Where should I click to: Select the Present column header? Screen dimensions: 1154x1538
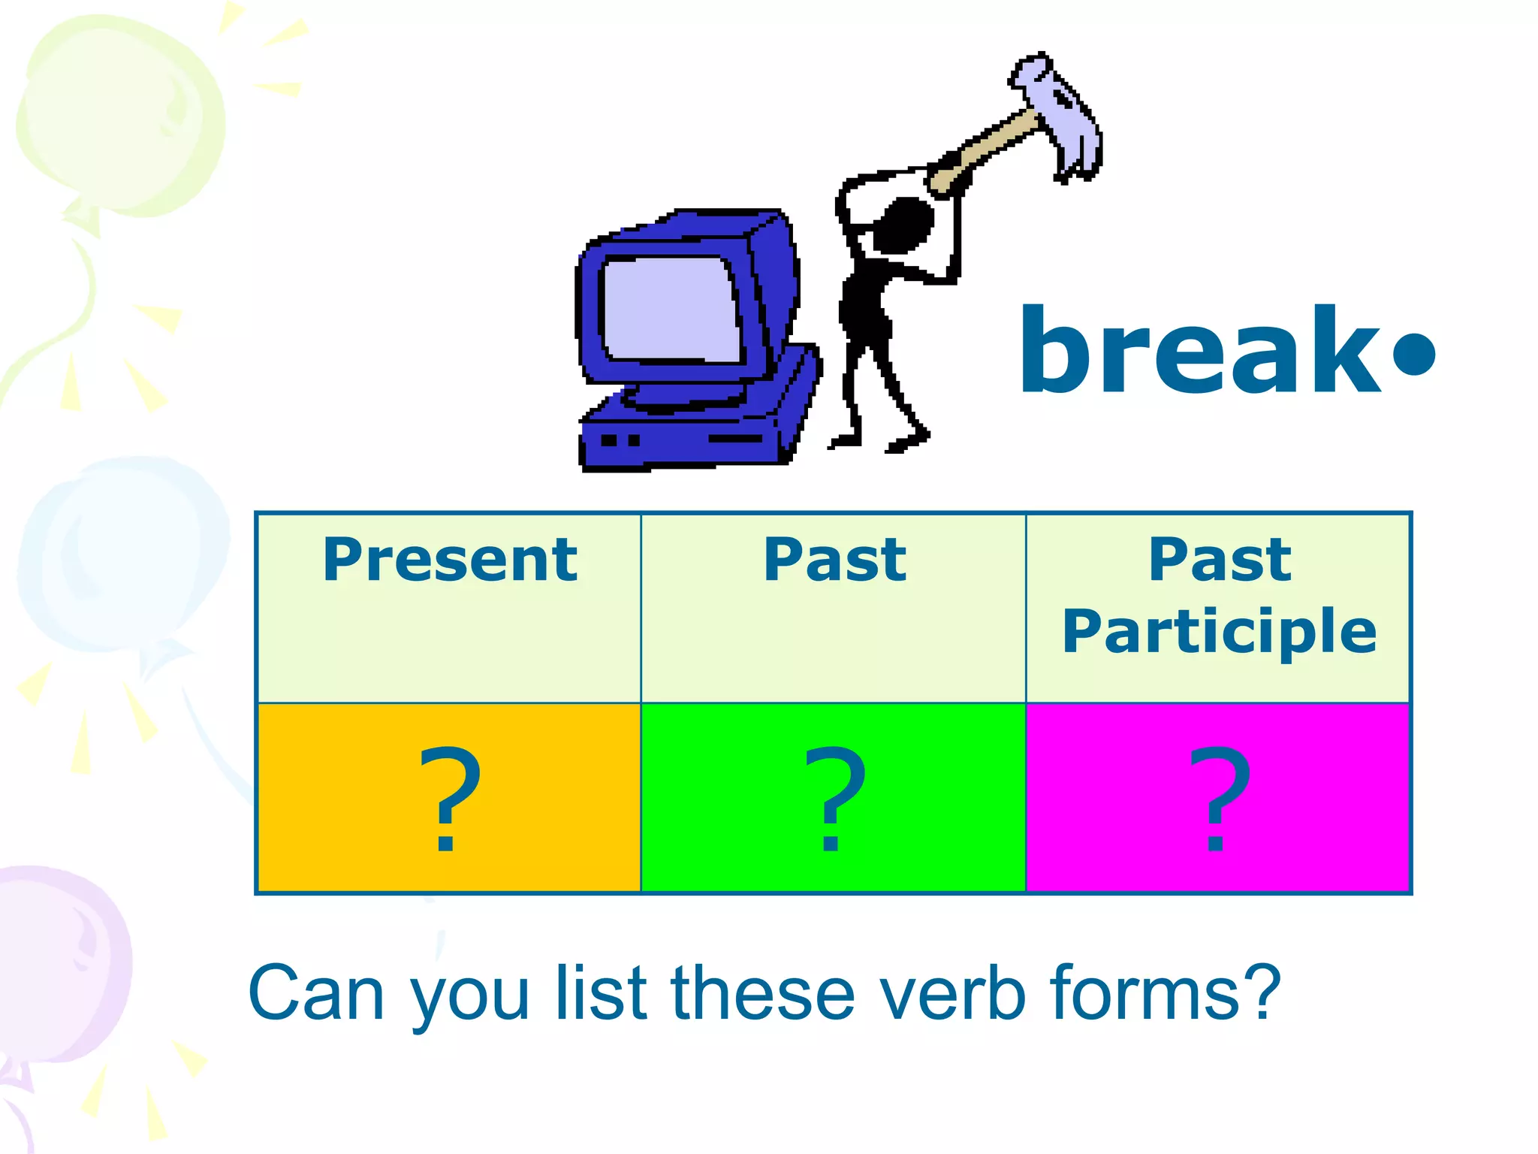[450, 560]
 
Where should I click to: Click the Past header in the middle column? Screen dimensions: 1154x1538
[834, 560]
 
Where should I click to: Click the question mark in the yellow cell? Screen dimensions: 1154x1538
[448, 798]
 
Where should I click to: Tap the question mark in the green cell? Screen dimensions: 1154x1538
[834, 798]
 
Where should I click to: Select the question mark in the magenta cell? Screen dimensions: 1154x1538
[1219, 798]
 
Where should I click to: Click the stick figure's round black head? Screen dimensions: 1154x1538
[905, 224]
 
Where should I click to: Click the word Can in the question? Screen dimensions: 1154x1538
[316, 993]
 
